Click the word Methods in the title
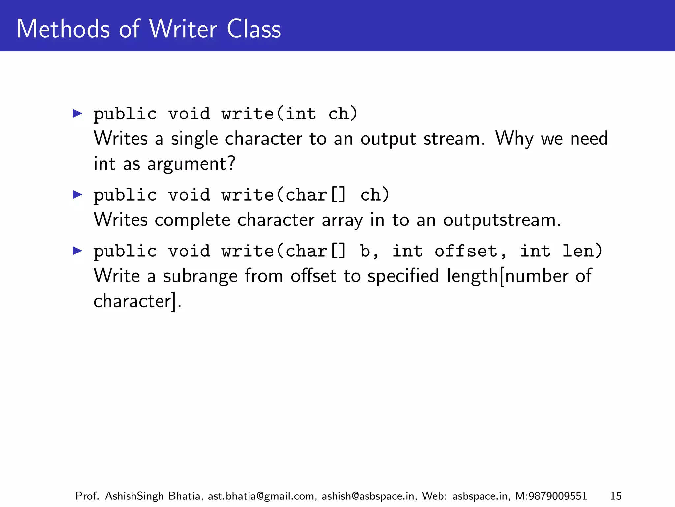click(63, 29)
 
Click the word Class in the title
click(254, 29)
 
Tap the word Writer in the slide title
click(183, 29)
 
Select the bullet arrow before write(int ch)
click(77, 114)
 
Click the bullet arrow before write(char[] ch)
click(77, 195)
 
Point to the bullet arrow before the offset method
click(77, 251)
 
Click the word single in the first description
click(194, 139)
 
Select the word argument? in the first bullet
click(191, 164)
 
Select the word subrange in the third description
click(200, 276)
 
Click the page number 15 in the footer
click(616, 496)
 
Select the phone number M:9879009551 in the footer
click(551, 496)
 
